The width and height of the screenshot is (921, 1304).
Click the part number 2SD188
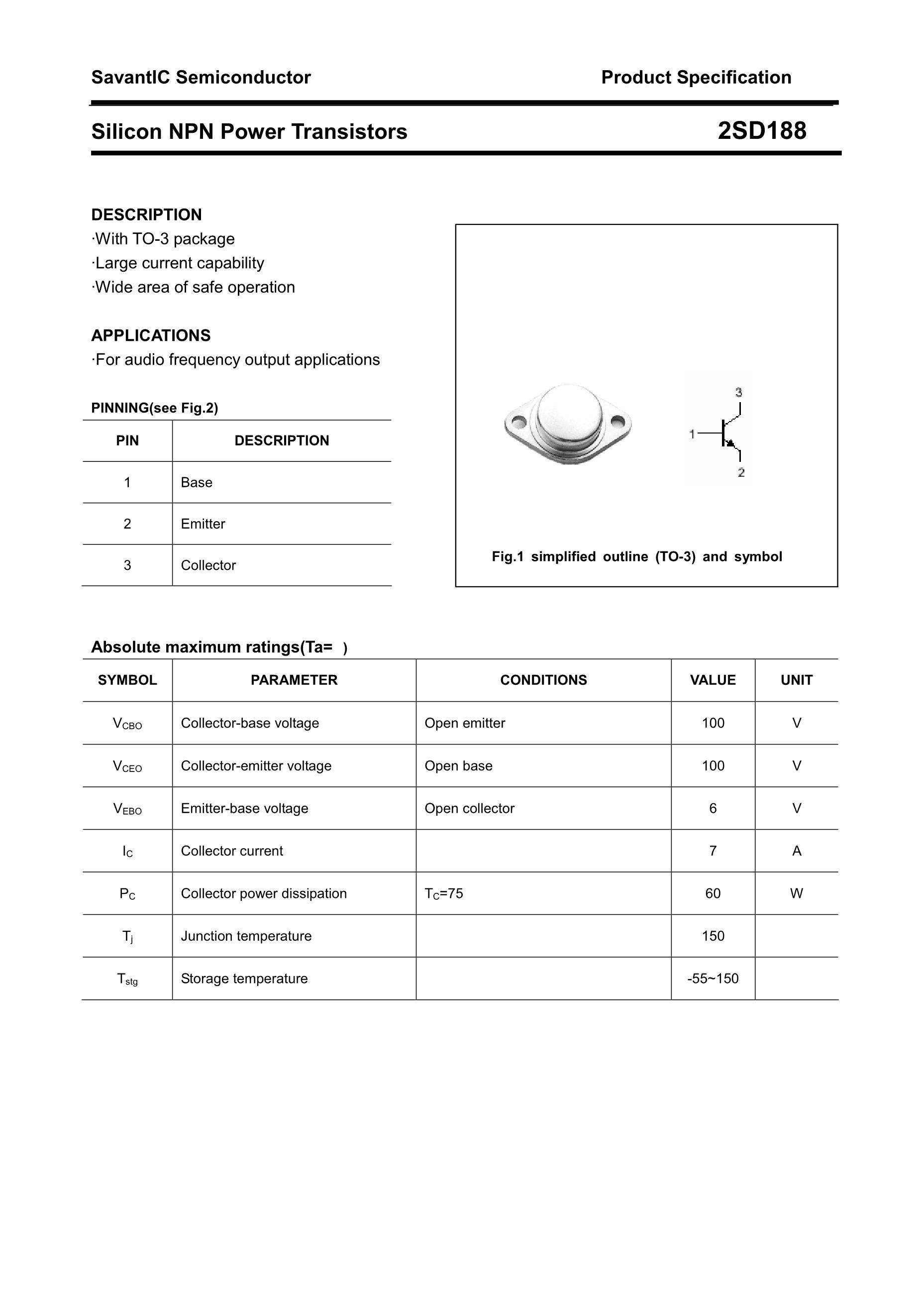[761, 131]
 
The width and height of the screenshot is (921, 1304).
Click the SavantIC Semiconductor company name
[201, 77]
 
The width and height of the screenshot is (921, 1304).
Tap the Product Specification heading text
[696, 77]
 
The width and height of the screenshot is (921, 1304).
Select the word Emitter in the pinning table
[203, 524]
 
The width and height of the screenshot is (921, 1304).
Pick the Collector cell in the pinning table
[208, 565]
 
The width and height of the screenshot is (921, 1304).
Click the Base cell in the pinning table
[197, 482]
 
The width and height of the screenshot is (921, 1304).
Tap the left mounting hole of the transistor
[518, 423]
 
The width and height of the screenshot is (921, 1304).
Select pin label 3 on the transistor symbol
[739, 392]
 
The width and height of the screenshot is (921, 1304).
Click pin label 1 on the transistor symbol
[692, 434]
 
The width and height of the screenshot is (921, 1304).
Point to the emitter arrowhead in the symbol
[731, 442]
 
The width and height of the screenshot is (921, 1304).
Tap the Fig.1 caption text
[636, 556]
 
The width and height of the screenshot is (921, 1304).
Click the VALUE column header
[713, 680]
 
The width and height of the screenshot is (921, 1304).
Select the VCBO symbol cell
[127, 724]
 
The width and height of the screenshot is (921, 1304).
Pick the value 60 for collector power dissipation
[713, 893]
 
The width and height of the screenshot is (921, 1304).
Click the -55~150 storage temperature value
[713, 978]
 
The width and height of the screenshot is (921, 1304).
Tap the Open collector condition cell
[469, 808]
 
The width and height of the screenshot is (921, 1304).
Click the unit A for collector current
[797, 851]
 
